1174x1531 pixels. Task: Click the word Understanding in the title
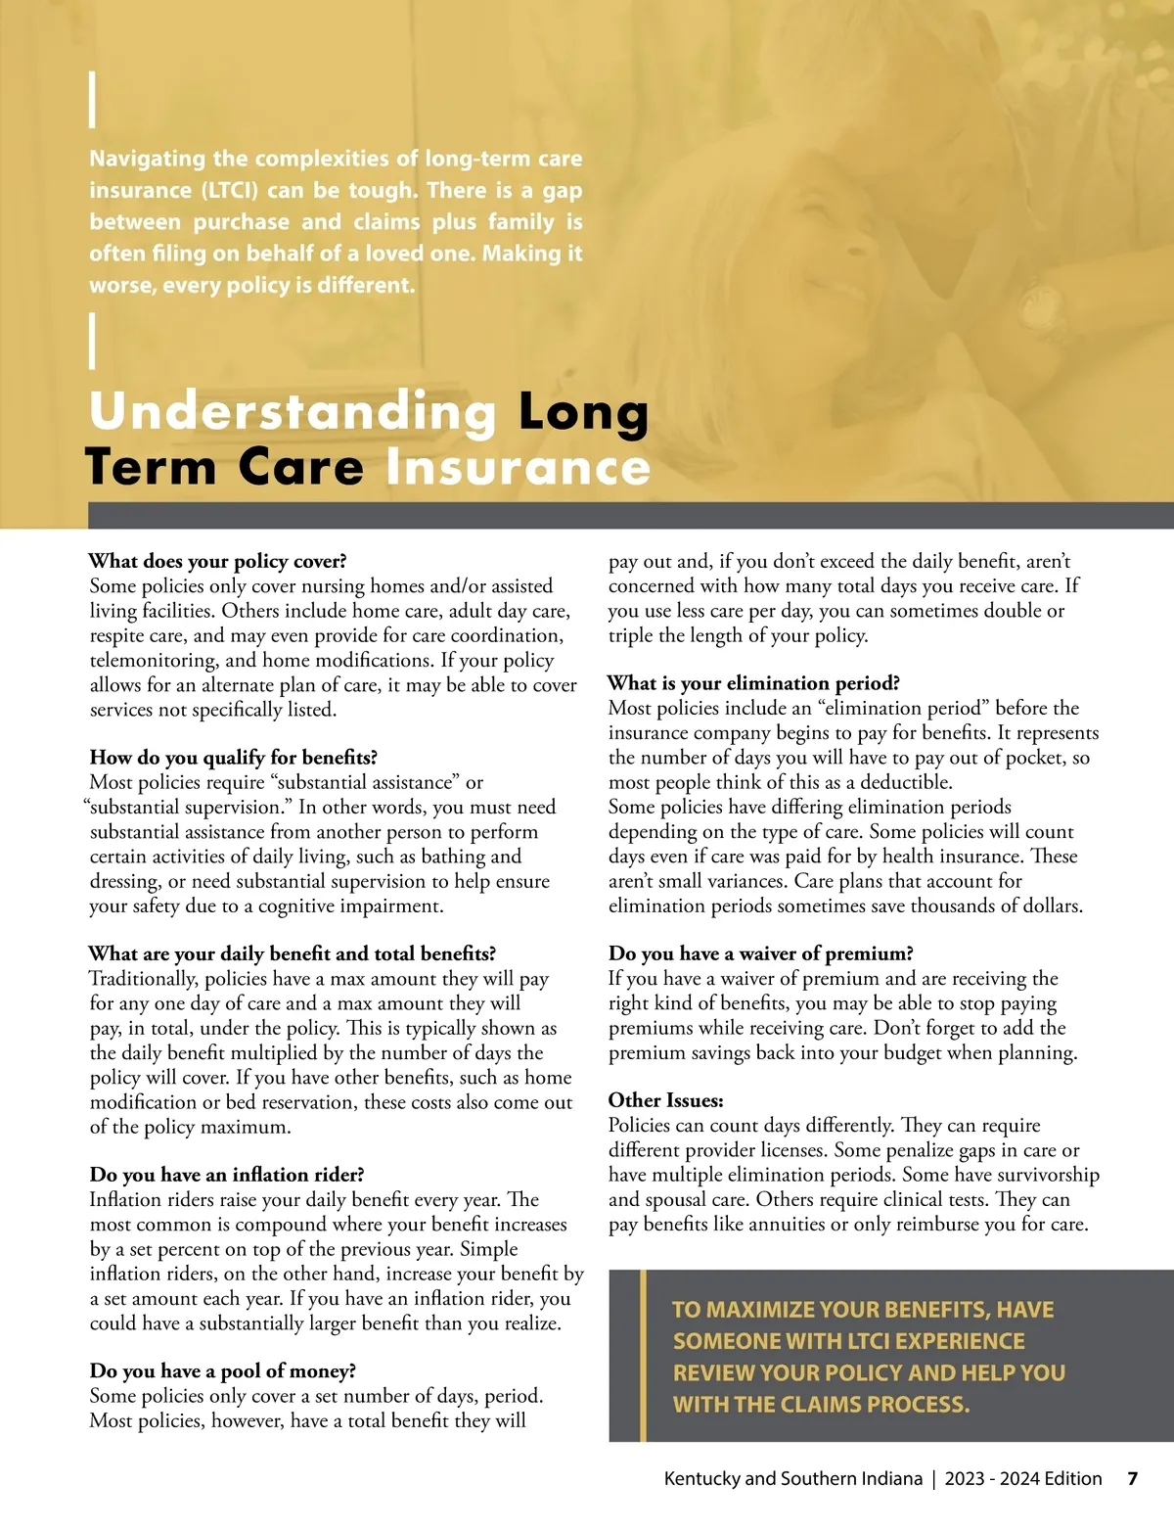pos(293,412)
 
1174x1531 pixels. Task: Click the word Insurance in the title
pos(518,467)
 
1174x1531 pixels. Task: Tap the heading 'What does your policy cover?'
pos(217,561)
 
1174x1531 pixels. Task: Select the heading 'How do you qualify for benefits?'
pos(233,757)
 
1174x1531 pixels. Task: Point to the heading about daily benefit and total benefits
pos(293,953)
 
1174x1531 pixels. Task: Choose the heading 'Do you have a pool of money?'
pos(222,1370)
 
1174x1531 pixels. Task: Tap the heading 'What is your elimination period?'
pos(753,683)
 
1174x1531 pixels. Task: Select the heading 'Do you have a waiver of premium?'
pos(760,953)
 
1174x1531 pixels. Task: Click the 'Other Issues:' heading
pos(665,1100)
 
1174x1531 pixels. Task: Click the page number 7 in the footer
pos(1132,1478)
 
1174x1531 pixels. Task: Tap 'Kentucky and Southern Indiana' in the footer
pos(792,1478)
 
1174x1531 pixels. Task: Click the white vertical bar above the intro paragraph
pos(93,100)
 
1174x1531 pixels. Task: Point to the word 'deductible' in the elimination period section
pos(905,782)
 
